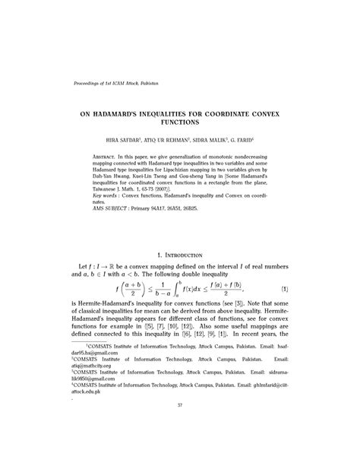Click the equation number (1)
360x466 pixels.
(305, 290)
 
